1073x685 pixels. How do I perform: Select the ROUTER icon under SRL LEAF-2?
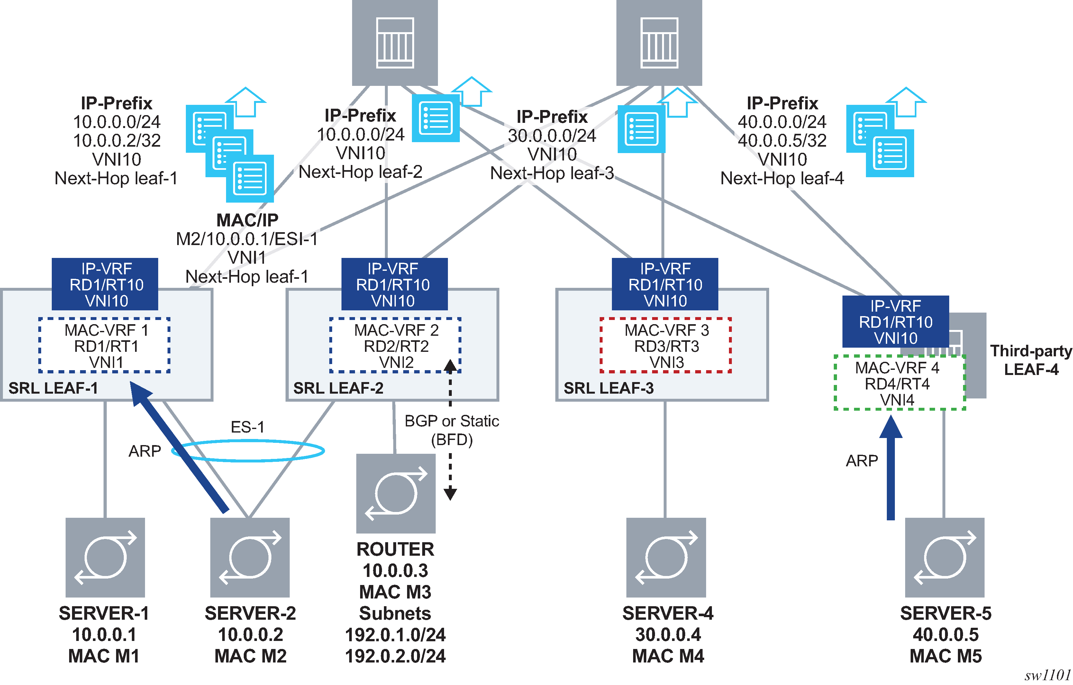coord(396,493)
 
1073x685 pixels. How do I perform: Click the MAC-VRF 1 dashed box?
coord(104,345)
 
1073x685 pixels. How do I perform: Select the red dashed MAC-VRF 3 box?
coord(666,345)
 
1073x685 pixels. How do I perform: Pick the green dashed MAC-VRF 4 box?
coord(899,383)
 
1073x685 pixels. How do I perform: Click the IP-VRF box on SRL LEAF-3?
coord(665,284)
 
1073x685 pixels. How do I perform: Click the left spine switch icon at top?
coord(395,42)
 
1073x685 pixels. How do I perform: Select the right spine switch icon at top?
coord(659,42)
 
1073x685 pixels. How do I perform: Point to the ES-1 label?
coord(247,427)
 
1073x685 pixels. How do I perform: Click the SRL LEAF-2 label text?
coord(338,388)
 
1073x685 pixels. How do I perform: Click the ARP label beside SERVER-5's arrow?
coord(862,461)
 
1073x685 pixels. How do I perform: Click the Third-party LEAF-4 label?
coord(1031,360)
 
